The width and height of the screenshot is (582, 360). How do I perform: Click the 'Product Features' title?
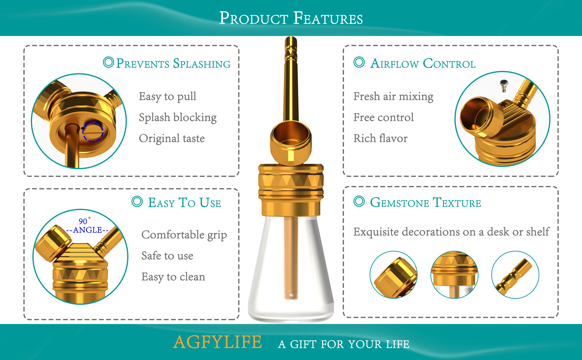click(x=291, y=18)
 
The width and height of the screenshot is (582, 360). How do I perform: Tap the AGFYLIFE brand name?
click(x=217, y=342)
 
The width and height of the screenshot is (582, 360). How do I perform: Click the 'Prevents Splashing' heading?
click(x=173, y=63)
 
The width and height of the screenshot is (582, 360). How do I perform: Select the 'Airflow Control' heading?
click(x=423, y=63)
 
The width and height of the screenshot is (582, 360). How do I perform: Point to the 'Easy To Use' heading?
click(x=184, y=203)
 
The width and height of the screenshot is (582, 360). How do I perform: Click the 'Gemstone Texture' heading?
click(x=425, y=203)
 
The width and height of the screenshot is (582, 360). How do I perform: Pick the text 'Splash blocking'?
click(x=178, y=117)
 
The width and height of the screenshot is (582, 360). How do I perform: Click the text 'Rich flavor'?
click(x=380, y=138)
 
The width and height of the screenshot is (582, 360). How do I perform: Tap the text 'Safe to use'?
click(x=167, y=256)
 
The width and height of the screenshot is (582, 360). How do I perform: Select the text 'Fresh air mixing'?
click(x=393, y=96)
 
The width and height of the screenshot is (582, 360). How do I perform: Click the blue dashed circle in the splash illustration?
click(x=93, y=132)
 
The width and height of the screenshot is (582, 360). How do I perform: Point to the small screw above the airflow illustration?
click(x=504, y=85)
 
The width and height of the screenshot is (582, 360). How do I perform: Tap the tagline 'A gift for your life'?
click(x=343, y=344)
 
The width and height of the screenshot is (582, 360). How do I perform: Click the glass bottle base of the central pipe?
click(x=291, y=275)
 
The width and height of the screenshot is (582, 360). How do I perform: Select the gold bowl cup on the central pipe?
click(x=291, y=142)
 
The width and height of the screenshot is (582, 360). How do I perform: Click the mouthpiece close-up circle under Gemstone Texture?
click(x=515, y=275)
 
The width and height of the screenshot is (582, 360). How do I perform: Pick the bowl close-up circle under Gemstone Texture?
click(x=393, y=275)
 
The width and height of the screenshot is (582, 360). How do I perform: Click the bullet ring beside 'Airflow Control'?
click(x=359, y=62)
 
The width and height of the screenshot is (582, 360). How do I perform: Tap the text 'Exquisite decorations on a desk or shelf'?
click(x=451, y=232)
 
